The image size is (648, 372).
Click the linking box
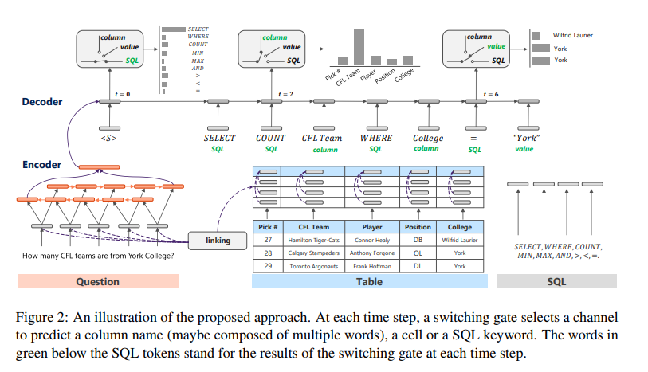(218, 240)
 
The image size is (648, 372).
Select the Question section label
(97, 281)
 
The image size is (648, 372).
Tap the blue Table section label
(369, 281)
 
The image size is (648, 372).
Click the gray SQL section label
(556, 281)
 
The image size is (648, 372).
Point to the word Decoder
(41, 102)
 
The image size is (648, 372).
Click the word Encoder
(41, 165)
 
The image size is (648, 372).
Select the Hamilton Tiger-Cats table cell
(313, 240)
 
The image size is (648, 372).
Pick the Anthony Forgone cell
(371, 253)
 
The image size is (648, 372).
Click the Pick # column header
(268, 227)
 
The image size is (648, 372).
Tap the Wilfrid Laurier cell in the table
(460, 240)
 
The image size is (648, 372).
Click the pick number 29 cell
(268, 266)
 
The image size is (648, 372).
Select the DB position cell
(418, 240)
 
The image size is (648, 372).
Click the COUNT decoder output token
(270, 138)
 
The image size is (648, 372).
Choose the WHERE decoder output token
(375, 138)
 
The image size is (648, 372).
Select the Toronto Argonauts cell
(313, 266)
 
